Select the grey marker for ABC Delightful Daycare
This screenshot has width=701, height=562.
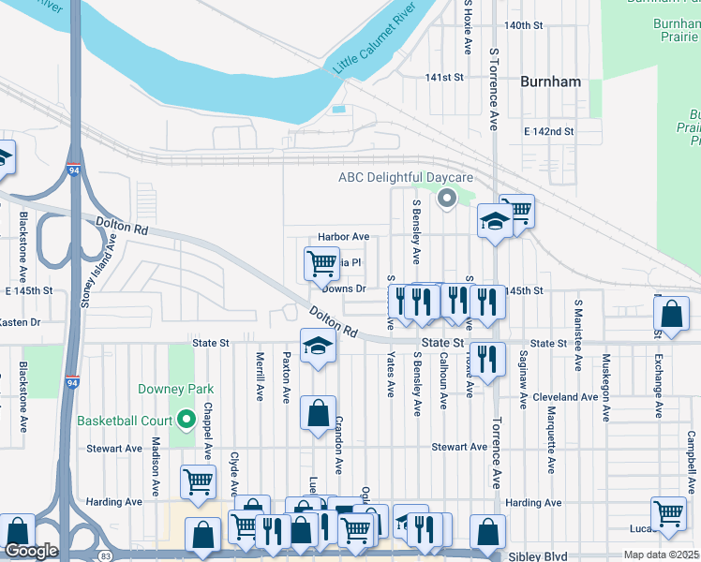click(x=447, y=198)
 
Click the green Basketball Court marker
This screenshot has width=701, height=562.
click(x=186, y=420)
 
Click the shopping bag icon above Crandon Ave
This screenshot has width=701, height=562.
click(x=318, y=411)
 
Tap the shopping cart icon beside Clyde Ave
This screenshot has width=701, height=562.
click(x=198, y=481)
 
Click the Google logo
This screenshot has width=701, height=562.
click(x=31, y=551)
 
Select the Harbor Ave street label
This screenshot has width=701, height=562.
click(x=343, y=237)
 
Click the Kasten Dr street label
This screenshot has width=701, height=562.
click(x=21, y=322)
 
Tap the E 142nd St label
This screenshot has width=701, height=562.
click(x=549, y=131)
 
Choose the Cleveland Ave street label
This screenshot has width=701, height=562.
click(x=565, y=397)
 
